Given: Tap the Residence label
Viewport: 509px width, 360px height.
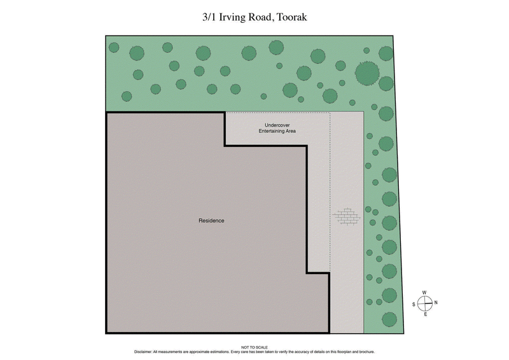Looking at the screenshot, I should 212,221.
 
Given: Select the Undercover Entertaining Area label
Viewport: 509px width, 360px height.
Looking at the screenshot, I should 277,128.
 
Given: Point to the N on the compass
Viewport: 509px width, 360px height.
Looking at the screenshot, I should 436,303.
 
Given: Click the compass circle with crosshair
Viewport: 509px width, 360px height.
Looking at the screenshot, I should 424,303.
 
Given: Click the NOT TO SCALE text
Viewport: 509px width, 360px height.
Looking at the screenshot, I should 254,347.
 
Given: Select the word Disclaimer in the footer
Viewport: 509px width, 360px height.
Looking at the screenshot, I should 143,352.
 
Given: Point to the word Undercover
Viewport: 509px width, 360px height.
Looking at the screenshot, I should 277,125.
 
